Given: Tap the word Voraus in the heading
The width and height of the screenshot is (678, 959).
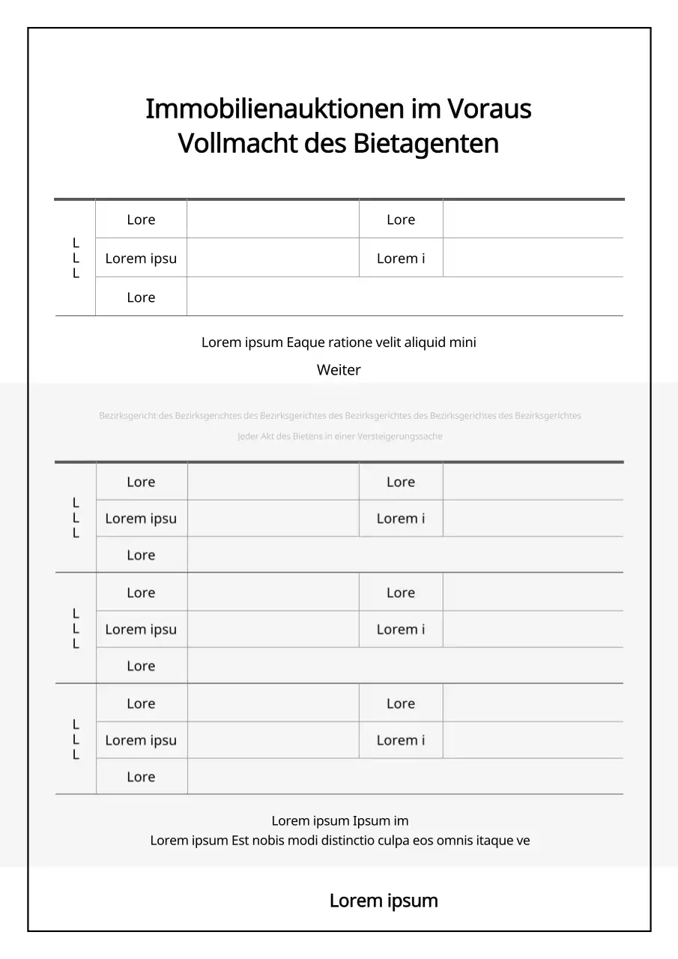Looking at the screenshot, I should click(x=489, y=109).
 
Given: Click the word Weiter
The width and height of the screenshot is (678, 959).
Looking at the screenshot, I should click(x=339, y=370).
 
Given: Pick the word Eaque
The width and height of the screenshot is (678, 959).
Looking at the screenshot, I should click(x=306, y=342).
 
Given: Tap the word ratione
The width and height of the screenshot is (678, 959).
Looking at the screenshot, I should click(x=351, y=342).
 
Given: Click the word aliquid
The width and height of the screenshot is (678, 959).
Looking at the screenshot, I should click(x=425, y=342).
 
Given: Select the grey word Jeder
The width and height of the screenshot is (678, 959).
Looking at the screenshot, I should click(x=248, y=437).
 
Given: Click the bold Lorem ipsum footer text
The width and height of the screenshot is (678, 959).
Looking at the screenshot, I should click(x=384, y=901).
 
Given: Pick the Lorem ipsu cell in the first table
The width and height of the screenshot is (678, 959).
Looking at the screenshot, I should click(x=141, y=258).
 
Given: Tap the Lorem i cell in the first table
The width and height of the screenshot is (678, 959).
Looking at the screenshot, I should click(x=401, y=258).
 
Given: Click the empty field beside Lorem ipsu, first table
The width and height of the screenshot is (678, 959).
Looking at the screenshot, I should click(x=273, y=258).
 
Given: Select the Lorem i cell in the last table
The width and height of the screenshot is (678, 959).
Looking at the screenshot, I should click(x=401, y=740).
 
